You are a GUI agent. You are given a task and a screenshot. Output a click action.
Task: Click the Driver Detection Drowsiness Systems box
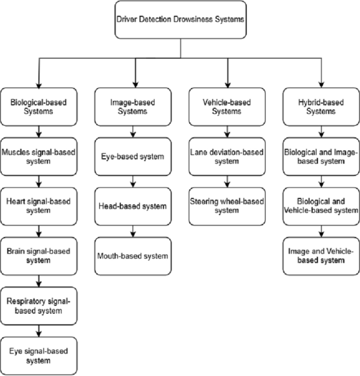pyautogui.click(x=180, y=20)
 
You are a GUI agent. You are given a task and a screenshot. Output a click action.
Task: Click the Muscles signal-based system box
pyautogui.click(x=39, y=157)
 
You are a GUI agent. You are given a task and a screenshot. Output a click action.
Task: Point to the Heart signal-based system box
pyautogui.click(x=39, y=206)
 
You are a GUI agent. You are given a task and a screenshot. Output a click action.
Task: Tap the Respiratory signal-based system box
pyautogui.click(x=39, y=306)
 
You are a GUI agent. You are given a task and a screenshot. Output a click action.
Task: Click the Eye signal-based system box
pyautogui.click(x=39, y=355)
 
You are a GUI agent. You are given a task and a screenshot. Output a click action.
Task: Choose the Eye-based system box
pyautogui.click(x=133, y=157)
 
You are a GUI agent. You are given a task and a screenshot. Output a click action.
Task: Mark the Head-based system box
pyautogui.click(x=133, y=206)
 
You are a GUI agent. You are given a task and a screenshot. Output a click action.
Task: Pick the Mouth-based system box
pyautogui.click(x=133, y=256)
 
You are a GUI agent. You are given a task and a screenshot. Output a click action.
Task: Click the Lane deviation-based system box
pyautogui.click(x=227, y=157)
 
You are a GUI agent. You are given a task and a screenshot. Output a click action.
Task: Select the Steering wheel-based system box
pyautogui.click(x=227, y=206)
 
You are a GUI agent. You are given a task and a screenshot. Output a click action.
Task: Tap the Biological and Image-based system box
pyautogui.click(x=321, y=157)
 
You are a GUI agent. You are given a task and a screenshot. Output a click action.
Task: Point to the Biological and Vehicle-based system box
pyautogui.click(x=321, y=206)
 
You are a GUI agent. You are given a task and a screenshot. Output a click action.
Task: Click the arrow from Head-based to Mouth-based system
pyautogui.click(x=133, y=231)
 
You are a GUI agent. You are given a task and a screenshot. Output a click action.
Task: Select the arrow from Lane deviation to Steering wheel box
pyautogui.click(x=227, y=181)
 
